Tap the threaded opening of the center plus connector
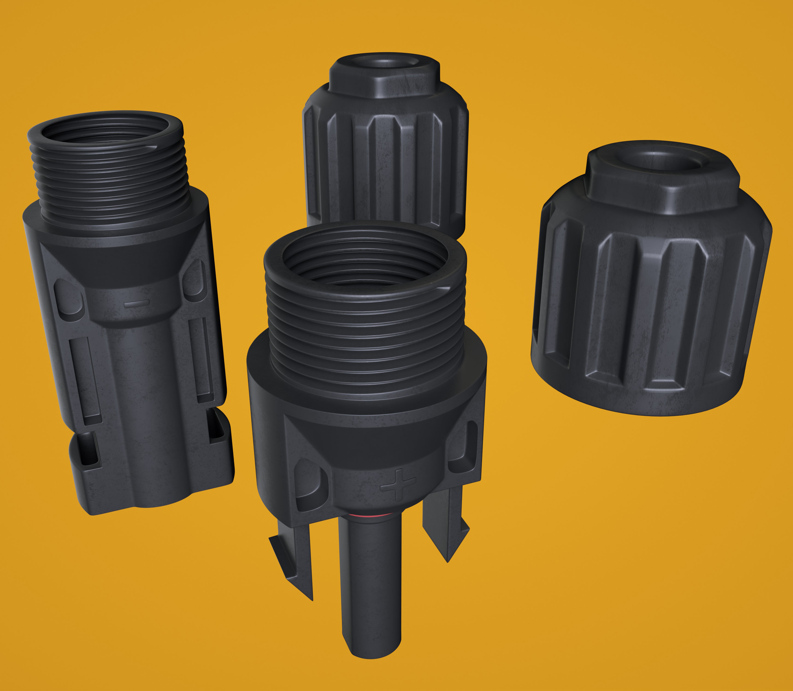click(x=365, y=262)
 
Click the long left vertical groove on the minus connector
click(x=86, y=380)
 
